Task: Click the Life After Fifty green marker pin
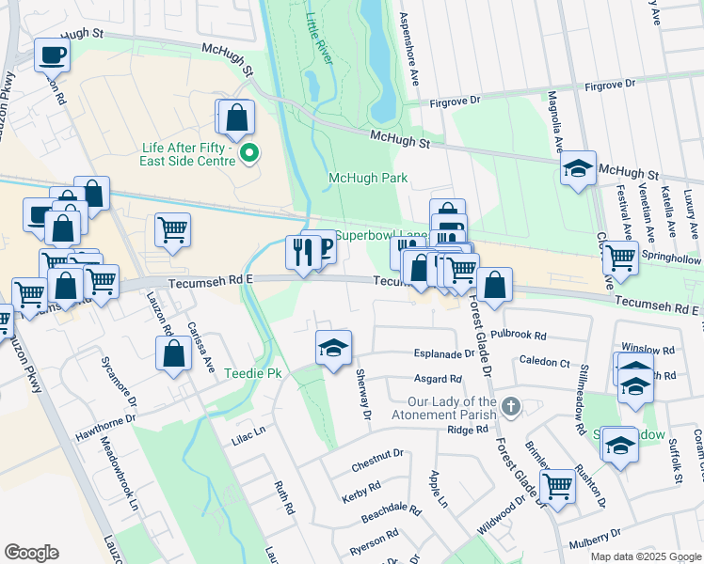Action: pos(248,153)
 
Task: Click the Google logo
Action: pos(31,553)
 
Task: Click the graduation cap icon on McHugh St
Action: pos(577,168)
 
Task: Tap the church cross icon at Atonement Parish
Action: pos(510,407)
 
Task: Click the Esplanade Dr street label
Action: pos(445,354)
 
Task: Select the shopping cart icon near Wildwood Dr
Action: pos(558,486)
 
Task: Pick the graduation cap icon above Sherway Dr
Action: pos(333,348)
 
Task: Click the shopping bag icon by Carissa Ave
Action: pos(173,354)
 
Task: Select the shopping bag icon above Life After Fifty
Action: pos(237,117)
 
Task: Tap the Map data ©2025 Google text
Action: pos(645,556)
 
